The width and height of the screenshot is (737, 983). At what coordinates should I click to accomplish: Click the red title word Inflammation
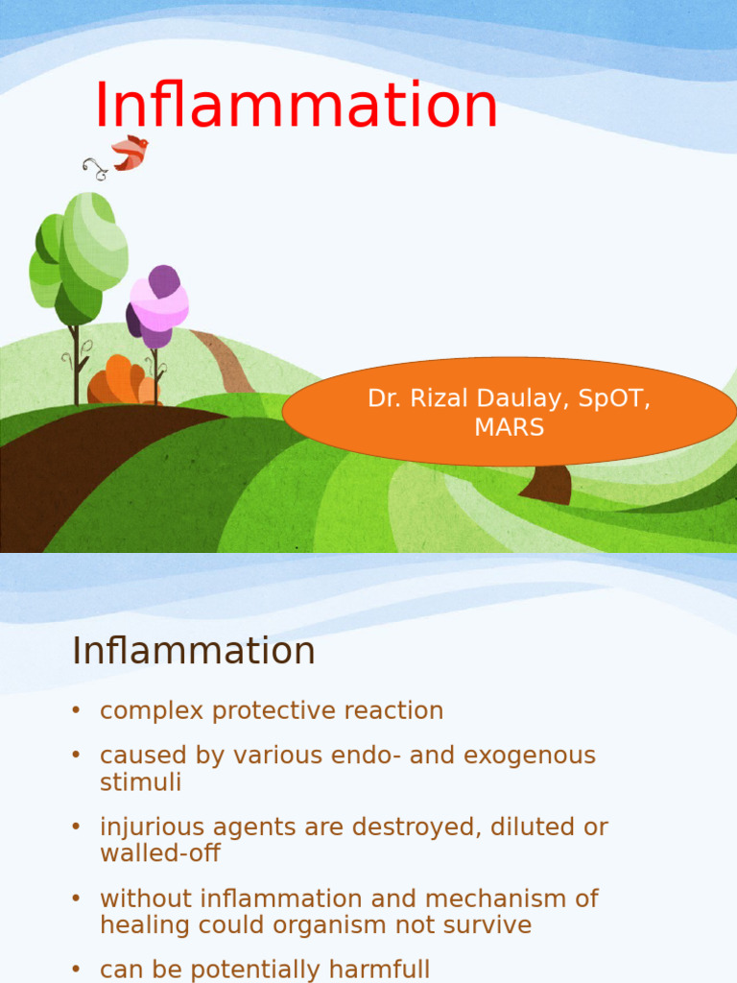pos(296,106)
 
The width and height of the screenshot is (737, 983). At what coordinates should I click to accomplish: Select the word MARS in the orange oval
pos(509,428)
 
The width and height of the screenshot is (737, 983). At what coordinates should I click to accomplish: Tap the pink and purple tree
pos(158,305)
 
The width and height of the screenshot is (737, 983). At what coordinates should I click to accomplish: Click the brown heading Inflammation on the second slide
pos(193,651)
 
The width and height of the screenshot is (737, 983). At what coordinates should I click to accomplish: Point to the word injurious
pos(152,827)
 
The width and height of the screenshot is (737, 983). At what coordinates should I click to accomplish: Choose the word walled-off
pos(160,852)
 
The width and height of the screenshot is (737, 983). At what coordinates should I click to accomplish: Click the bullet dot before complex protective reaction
pos(76,711)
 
